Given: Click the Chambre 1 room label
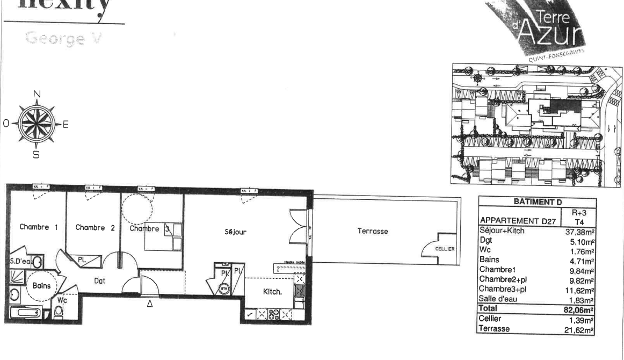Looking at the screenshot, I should pos(39,227).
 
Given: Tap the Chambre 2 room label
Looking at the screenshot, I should pos(95,228).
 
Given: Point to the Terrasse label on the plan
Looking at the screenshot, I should pos(372,231).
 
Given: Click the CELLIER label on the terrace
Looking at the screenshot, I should pos(445,249).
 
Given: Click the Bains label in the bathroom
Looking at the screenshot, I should pos(41,286).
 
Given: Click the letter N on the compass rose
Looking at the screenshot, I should pos(37,94).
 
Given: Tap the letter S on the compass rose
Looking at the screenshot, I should pos(36,155).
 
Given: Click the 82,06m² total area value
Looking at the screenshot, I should pos(581,309).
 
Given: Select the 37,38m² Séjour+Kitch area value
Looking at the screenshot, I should pos(580,232).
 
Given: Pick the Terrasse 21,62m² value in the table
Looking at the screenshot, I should pos(581,329).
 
